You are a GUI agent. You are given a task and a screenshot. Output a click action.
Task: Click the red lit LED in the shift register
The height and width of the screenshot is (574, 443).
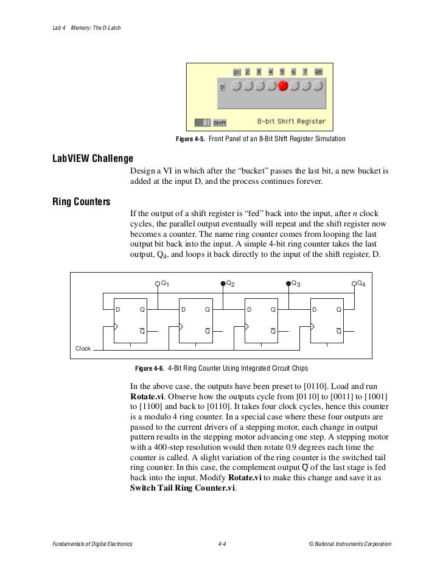pyautogui.click(x=283, y=86)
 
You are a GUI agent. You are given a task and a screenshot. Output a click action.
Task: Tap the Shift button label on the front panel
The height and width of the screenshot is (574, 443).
pyautogui.click(x=220, y=122)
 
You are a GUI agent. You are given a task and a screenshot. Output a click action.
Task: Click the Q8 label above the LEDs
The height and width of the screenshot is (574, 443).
pyautogui.click(x=318, y=72)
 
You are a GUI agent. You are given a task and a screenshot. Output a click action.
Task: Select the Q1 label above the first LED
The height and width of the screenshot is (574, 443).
pyautogui.click(x=237, y=72)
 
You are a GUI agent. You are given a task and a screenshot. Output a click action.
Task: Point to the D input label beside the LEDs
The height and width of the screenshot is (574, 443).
pyautogui.click(x=222, y=88)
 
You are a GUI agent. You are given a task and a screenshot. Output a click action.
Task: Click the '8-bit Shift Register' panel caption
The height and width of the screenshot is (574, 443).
pyautogui.click(x=291, y=121)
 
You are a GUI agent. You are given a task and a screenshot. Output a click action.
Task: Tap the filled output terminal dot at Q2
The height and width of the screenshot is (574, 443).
pyautogui.click(x=223, y=284)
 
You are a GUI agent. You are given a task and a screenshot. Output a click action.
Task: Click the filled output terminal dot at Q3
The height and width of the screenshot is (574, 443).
pyautogui.click(x=288, y=284)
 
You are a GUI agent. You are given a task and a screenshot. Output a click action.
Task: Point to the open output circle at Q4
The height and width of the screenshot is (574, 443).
pyautogui.click(x=354, y=284)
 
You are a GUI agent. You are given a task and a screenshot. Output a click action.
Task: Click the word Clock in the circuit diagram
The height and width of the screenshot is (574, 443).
pyautogui.click(x=83, y=348)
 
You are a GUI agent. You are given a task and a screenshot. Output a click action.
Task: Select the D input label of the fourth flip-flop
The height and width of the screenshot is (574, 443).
pyautogui.click(x=314, y=310)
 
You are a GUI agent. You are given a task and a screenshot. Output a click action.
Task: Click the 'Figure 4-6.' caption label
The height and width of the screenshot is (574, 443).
pyautogui.click(x=149, y=368)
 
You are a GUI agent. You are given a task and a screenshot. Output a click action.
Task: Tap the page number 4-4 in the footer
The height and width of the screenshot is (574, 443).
pyautogui.click(x=222, y=543)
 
